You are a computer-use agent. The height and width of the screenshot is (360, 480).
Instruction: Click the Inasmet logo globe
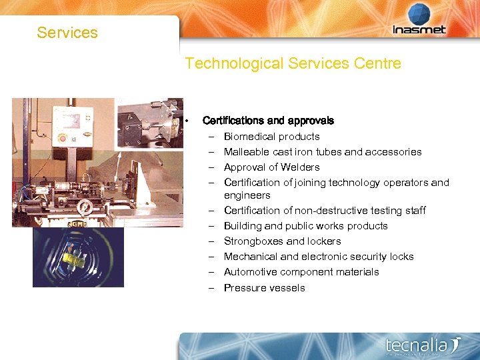419,14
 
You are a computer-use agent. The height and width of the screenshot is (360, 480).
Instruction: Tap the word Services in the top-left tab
67,33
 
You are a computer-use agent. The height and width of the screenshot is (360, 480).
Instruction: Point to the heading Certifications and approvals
268,121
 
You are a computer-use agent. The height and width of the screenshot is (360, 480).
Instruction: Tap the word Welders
300,167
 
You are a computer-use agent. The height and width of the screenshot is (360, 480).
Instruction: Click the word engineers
247,195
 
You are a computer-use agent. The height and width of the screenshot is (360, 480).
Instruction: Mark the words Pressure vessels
265,288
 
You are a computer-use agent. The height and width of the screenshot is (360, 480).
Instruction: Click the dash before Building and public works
211,226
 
